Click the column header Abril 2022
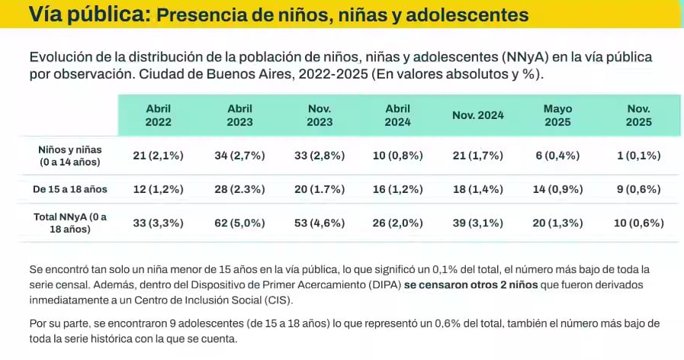[x=159, y=115]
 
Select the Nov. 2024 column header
[x=478, y=116]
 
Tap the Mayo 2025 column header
[x=557, y=115]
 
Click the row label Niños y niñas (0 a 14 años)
[x=69, y=156]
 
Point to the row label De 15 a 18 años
[x=69, y=189]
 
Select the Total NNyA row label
[x=69, y=223]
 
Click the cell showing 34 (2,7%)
[x=239, y=156]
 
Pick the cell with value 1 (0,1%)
[x=638, y=156]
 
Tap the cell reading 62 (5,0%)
[x=239, y=223]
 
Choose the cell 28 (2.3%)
[x=239, y=189]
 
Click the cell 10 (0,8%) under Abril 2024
[x=398, y=156]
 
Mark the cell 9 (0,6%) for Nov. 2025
[x=638, y=189]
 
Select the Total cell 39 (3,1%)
[x=478, y=223]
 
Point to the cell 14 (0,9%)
[x=557, y=189]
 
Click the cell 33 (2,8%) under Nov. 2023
[x=320, y=156]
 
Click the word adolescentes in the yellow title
[x=466, y=14]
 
